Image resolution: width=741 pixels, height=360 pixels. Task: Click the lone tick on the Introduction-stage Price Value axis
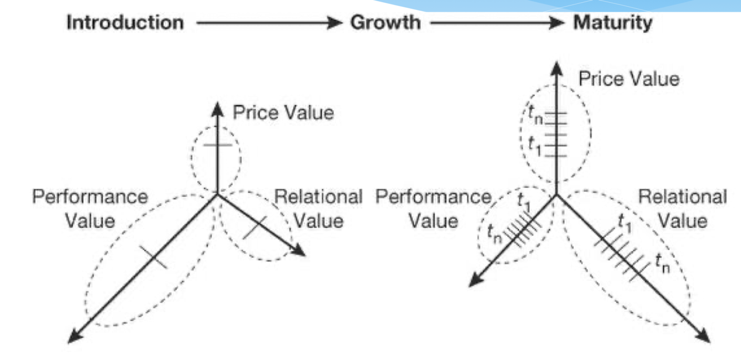pyautogui.click(x=216, y=145)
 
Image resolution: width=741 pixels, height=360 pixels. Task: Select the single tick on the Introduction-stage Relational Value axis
pyautogui.click(x=255, y=228)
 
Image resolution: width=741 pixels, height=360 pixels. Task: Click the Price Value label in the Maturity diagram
pyautogui.click(x=628, y=79)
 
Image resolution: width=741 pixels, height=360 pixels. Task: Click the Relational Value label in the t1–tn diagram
pyautogui.click(x=682, y=208)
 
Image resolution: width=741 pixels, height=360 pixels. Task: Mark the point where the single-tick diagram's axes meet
pyautogui.click(x=216, y=195)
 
